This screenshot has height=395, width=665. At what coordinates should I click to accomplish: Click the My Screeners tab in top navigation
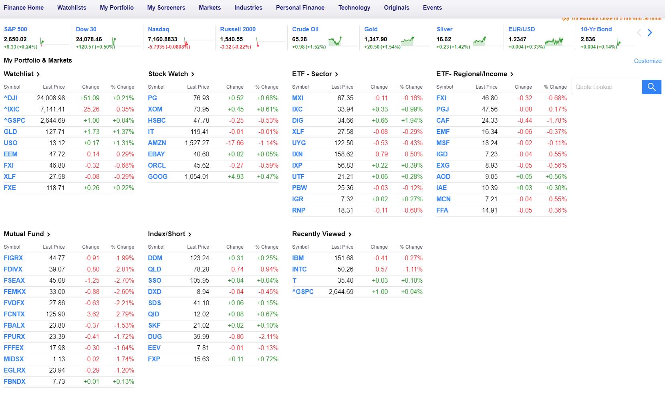tap(166, 8)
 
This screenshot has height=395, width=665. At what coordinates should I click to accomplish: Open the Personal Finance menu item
tap(300, 8)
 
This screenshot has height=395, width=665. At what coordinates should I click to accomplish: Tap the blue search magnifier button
tap(651, 87)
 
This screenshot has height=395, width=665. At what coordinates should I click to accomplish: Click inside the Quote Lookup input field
tap(607, 87)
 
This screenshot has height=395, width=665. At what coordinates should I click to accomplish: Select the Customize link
tap(647, 61)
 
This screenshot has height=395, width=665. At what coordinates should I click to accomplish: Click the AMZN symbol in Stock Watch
tap(157, 143)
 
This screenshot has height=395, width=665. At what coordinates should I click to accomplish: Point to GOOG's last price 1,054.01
tap(197, 176)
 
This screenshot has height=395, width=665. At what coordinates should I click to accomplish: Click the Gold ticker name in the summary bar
tap(371, 29)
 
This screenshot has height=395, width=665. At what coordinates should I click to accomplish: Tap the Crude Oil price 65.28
tap(299, 39)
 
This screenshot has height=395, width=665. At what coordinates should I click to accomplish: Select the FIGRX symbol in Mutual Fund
tap(13, 258)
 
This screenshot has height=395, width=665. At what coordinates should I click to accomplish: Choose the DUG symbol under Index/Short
tap(155, 336)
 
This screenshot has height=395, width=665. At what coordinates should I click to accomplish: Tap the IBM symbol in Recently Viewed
tap(298, 258)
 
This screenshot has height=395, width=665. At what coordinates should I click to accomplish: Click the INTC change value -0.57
tap(380, 269)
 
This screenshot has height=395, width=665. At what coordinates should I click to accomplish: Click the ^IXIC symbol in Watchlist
tap(12, 109)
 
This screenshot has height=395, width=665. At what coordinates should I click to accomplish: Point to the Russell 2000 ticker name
tap(238, 29)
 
